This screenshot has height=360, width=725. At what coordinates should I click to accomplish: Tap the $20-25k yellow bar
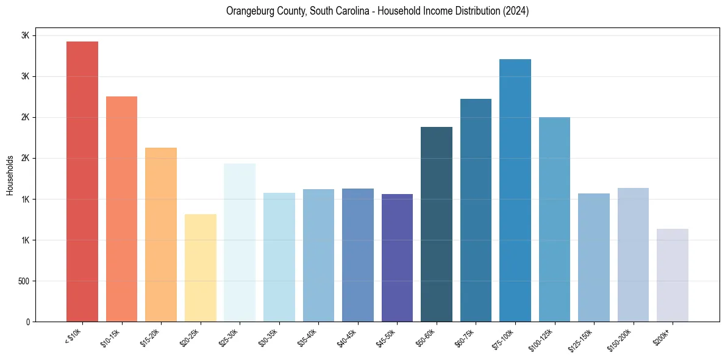point(201,268)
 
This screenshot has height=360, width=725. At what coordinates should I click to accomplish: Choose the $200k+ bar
point(673,275)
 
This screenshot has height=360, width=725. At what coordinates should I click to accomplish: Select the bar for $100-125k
point(554,220)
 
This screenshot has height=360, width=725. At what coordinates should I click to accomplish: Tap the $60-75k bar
point(476,211)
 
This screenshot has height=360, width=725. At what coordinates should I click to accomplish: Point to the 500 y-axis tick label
point(23,281)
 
